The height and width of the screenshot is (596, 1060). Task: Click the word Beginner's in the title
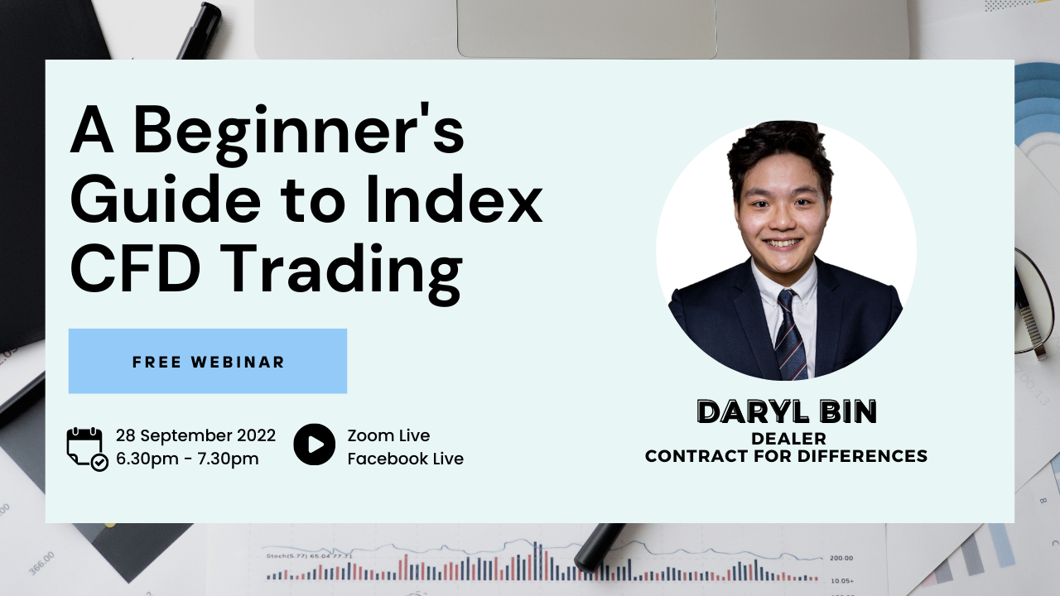298,132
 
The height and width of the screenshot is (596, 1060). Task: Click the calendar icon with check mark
86,448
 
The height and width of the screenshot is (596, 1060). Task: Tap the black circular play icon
315,445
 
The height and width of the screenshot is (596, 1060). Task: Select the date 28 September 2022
195,435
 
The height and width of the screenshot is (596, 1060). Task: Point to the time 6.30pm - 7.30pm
187,459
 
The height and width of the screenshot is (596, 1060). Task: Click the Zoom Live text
388,435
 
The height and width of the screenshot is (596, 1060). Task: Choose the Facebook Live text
405,459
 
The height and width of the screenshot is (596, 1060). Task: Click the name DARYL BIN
786,412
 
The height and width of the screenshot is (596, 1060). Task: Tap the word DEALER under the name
788,439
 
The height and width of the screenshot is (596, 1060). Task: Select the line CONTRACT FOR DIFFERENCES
786,456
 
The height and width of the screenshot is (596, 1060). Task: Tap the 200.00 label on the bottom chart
841,558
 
